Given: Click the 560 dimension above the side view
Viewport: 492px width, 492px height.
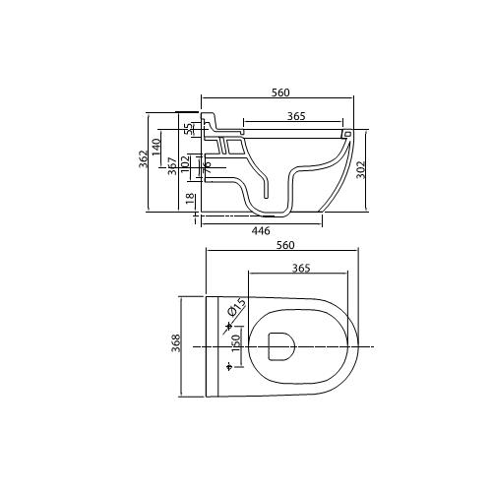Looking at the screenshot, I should tap(280, 92).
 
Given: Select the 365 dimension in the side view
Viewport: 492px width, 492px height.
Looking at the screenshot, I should tap(294, 116).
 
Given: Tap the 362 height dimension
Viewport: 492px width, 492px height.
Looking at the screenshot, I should tap(144, 157).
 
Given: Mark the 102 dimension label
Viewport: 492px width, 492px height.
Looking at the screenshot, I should tap(186, 162).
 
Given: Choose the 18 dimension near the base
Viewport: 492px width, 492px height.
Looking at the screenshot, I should tap(189, 198).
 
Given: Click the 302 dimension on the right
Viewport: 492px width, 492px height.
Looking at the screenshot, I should tap(360, 169).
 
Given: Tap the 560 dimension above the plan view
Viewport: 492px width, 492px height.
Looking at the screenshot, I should tap(286, 245).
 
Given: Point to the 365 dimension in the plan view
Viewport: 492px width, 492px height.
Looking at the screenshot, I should tap(302, 268).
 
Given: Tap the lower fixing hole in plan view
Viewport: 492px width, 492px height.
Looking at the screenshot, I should tap(229, 368).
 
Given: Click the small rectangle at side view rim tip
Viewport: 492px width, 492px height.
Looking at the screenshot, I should tap(346, 131).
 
